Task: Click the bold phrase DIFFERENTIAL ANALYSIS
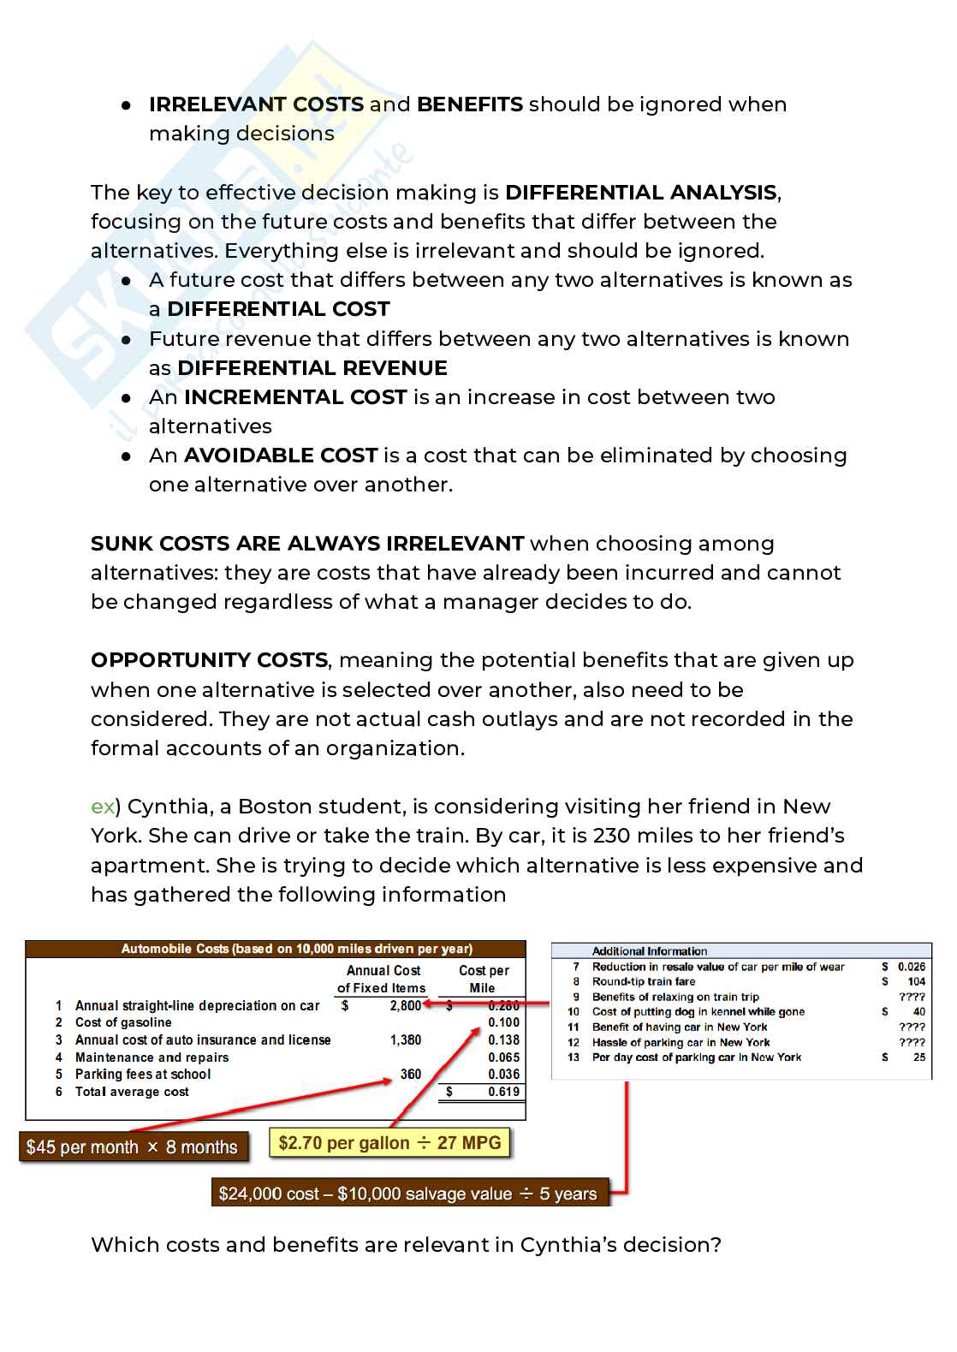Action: [x=641, y=193]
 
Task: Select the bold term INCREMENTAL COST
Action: [x=295, y=397]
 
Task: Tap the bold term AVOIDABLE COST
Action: [x=281, y=456]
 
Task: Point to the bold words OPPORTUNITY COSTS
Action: [x=209, y=660]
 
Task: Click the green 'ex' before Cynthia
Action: [x=102, y=807]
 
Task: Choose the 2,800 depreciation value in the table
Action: [x=405, y=1006]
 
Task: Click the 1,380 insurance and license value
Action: [x=406, y=1040]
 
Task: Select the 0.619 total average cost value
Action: [x=503, y=1092]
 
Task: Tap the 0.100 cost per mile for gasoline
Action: [x=503, y=1022]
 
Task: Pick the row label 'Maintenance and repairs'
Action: [x=152, y=1057]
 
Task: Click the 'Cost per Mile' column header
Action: [x=483, y=979]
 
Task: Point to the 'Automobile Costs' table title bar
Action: [x=296, y=949]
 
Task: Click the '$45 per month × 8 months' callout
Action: [x=132, y=1147]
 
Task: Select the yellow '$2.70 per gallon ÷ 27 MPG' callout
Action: [x=389, y=1143]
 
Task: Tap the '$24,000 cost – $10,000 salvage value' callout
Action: [x=407, y=1194]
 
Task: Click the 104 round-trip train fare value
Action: [x=916, y=982]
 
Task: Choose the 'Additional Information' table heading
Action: [x=650, y=951]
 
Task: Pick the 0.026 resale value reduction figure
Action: [x=911, y=967]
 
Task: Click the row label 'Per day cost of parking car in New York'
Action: [x=697, y=1057]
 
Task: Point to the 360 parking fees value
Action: [x=411, y=1075]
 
